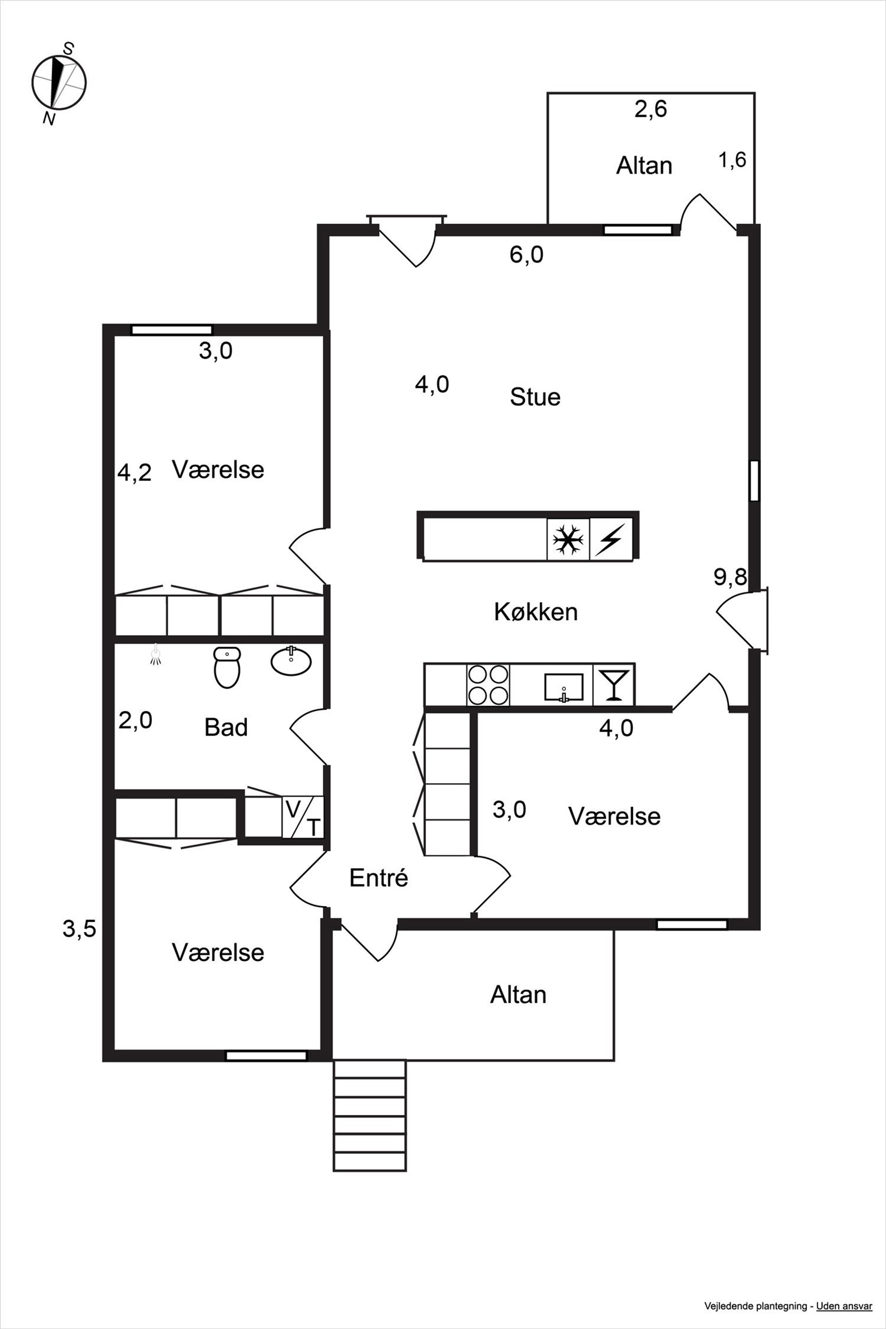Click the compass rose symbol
click(59, 83)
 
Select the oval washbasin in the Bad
click(291, 660)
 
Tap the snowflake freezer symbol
click(568, 539)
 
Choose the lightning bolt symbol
click(611, 539)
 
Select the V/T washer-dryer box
click(303, 816)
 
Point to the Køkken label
click(536, 612)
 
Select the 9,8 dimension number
click(730, 577)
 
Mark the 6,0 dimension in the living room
click(527, 255)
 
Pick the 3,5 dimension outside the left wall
click(79, 928)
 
